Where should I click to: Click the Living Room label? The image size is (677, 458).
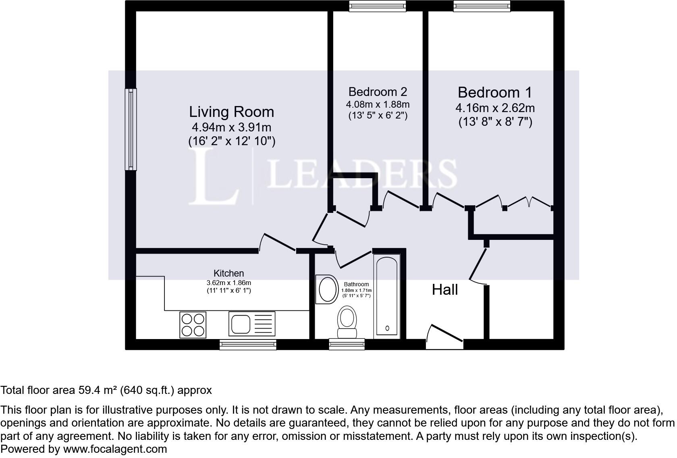pos(231,112)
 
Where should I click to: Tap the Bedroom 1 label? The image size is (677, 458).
pos(495,92)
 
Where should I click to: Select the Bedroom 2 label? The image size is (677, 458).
pos(378,92)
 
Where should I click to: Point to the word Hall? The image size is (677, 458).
pos(444,289)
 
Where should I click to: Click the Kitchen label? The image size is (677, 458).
pos(228,273)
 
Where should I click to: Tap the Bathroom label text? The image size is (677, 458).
pos(356,284)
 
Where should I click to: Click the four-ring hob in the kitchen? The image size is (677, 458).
pos(193,325)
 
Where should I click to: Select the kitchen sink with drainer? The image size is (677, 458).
pos(252,324)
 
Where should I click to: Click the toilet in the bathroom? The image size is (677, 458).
pos(347,322)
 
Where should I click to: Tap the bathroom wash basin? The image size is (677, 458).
pos(327,289)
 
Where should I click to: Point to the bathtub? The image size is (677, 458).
pos(387,297)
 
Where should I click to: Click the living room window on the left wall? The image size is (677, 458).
pos(131,129)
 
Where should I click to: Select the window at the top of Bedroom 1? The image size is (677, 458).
pos(482,6)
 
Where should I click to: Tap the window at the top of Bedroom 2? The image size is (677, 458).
pos(378,6)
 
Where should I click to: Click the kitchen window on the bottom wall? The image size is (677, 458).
pos(248,345)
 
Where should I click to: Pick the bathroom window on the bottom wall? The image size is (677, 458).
pos(347,344)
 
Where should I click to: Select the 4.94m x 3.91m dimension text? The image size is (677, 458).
pos(231,127)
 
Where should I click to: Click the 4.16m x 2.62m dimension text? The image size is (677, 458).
pos(495,108)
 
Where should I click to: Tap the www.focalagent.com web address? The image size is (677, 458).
pos(115,449)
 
